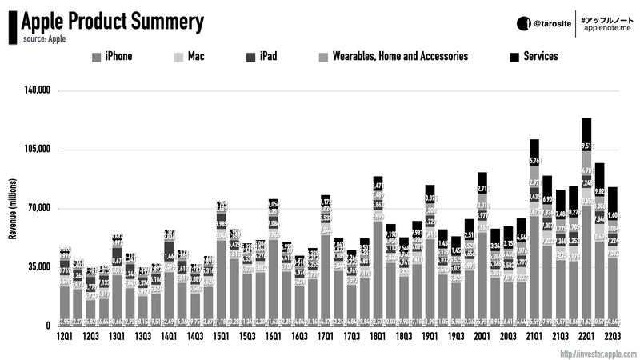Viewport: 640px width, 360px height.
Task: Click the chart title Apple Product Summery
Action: click(x=113, y=20)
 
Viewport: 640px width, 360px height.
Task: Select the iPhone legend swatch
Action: click(x=97, y=57)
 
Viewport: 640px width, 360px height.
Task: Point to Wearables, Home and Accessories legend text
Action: click(x=401, y=57)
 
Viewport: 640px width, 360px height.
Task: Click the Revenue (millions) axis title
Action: click(x=11, y=208)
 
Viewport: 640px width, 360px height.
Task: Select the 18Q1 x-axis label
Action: click(x=378, y=338)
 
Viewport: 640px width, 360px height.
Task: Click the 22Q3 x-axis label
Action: click(x=612, y=338)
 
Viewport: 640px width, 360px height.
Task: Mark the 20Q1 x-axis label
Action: click(x=482, y=338)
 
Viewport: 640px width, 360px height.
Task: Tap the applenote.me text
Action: click(x=608, y=29)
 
